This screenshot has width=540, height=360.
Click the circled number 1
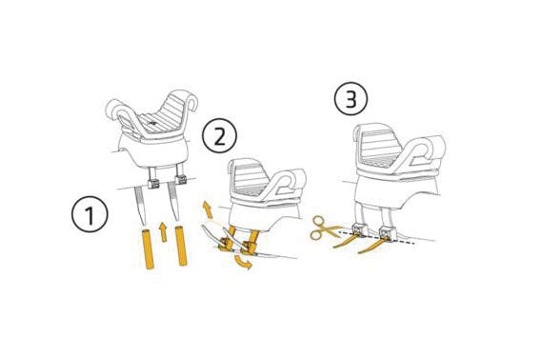coord(90,214)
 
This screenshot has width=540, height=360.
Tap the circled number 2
coord(219,136)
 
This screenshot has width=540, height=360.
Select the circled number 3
coord(350,99)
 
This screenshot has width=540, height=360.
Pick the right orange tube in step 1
coord(181,246)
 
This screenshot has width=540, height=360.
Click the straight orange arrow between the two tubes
coord(163,231)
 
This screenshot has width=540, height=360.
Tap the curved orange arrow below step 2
coord(243,263)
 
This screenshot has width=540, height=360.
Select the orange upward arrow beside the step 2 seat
coord(208,210)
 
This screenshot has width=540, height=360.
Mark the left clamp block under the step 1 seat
coord(153,184)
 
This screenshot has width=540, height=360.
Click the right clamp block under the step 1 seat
coord(180,179)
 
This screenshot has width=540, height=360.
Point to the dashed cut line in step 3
coord(376,238)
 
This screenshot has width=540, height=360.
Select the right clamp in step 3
coord(386,233)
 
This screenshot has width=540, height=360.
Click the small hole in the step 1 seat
coord(151,122)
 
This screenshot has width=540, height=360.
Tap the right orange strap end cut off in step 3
coord(371,247)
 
